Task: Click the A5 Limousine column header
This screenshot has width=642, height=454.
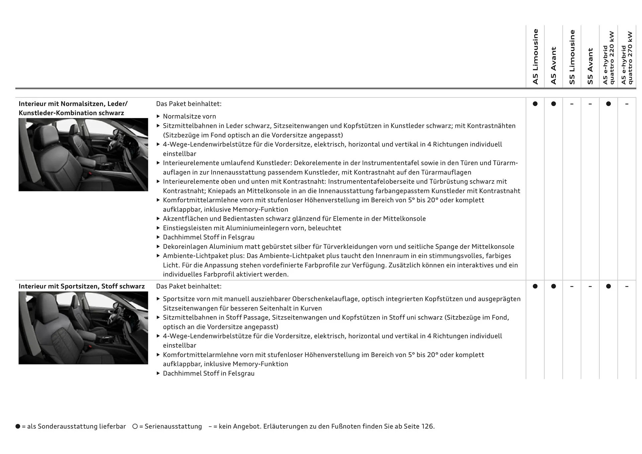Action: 535,56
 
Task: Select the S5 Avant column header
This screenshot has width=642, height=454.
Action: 590,66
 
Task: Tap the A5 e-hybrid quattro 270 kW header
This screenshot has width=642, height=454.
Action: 627,58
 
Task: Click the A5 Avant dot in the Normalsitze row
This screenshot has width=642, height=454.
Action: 553,104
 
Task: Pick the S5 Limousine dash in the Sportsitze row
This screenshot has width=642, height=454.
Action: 572,287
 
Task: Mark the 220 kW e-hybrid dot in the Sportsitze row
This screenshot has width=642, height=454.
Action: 608,287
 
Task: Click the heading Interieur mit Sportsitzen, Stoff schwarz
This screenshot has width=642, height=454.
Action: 82,287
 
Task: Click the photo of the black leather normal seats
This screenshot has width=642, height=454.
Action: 83,154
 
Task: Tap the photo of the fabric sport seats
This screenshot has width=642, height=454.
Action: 83,328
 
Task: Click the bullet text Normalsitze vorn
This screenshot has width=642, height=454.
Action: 189,116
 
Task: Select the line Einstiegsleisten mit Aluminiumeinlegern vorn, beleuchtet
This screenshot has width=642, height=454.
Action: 252,228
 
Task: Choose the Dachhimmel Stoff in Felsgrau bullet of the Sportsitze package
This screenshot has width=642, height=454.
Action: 208,373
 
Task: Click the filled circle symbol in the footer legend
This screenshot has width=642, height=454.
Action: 18,427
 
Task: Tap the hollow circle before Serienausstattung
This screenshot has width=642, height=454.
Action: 135,427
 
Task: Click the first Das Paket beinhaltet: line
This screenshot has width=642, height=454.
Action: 189,104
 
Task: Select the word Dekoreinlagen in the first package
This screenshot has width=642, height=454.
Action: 185,247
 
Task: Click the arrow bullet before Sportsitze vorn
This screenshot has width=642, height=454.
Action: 158,299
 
